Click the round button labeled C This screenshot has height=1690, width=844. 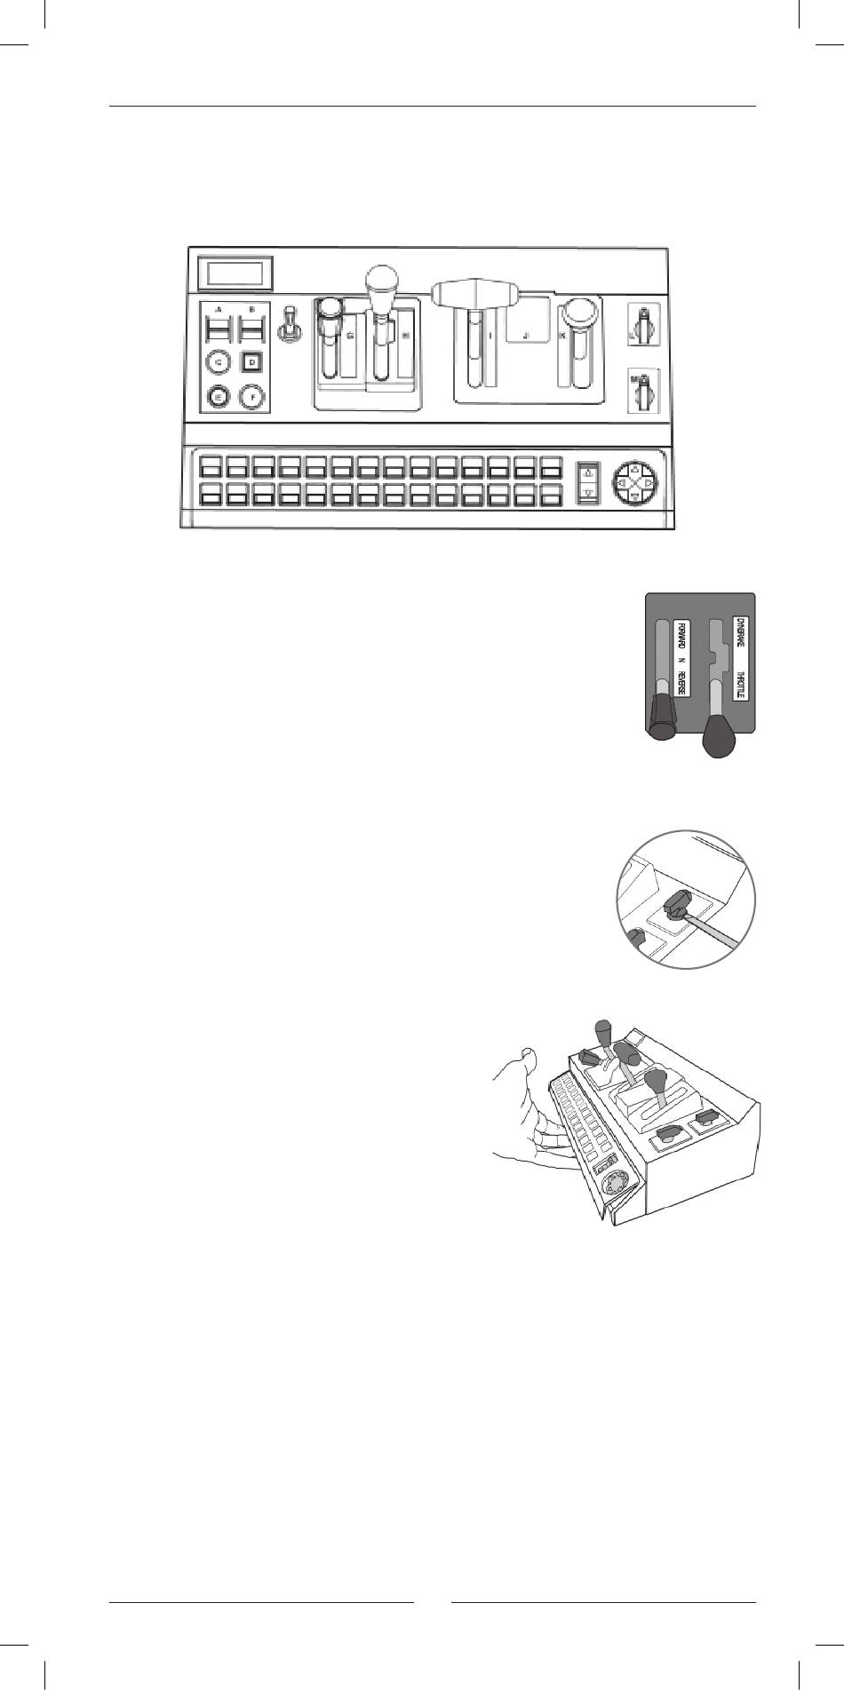(217, 362)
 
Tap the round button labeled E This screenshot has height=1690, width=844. (217, 398)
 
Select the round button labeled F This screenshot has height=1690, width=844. (252, 398)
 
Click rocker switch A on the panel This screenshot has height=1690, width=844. (218, 330)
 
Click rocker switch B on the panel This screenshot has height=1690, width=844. (252, 330)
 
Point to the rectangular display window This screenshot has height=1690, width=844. (234, 274)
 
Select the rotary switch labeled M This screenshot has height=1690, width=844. (644, 392)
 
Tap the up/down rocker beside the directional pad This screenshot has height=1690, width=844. (587, 481)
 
